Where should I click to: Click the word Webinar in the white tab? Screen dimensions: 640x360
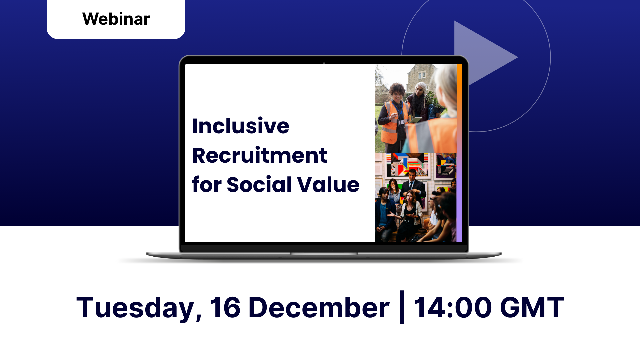pyautogui.click(x=116, y=19)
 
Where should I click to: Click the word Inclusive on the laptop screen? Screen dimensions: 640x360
pyautogui.click(x=241, y=126)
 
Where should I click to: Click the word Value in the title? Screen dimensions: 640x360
pyautogui.click(x=328, y=184)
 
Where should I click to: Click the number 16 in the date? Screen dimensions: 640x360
pyautogui.click(x=225, y=307)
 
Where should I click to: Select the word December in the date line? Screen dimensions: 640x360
pyautogui.click(x=319, y=307)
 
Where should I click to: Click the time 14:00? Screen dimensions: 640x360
pyautogui.click(x=453, y=307)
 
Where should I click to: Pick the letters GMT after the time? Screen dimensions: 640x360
pyautogui.click(x=532, y=307)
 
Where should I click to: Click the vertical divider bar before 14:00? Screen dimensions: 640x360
pyautogui.click(x=402, y=307)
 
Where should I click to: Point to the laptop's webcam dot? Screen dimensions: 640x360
pyautogui.click(x=324, y=63)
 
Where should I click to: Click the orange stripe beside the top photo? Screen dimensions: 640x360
pyautogui.click(x=459, y=109)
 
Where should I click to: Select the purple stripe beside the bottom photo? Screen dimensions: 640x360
pyautogui.click(x=459, y=197)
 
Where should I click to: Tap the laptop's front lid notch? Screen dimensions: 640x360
pyautogui.click(x=324, y=254)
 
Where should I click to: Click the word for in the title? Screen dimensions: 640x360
pyautogui.click(x=207, y=184)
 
